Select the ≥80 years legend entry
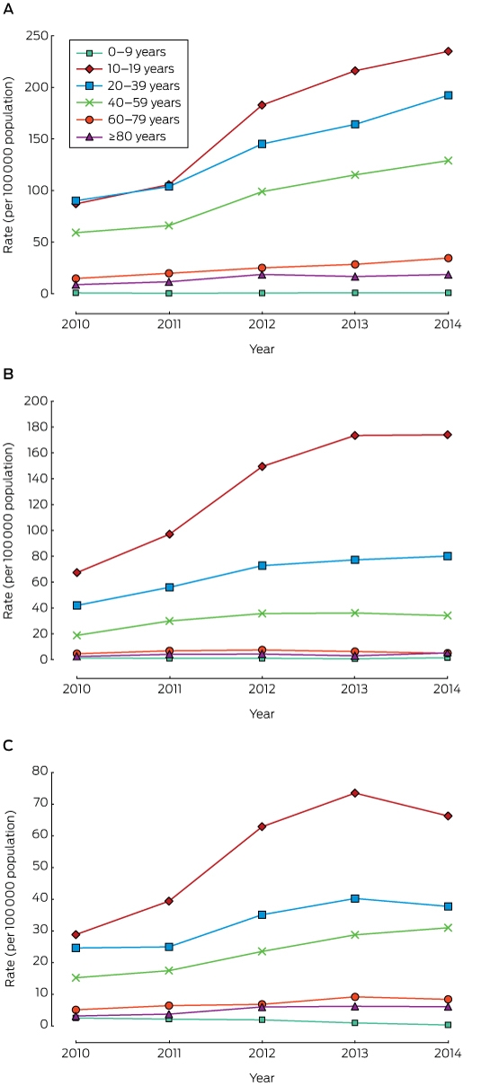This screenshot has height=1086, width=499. (121, 137)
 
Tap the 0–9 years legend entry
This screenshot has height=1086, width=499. (121, 52)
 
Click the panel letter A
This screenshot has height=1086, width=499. (8, 10)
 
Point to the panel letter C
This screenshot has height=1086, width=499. (8, 746)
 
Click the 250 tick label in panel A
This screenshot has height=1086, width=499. (37, 36)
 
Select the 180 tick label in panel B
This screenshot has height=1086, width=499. (37, 427)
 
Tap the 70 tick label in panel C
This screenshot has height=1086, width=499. (40, 803)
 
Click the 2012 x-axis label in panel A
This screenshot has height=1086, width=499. (263, 324)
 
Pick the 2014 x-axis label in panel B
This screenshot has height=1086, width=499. (447, 689)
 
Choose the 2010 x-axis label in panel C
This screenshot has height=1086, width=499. (76, 1054)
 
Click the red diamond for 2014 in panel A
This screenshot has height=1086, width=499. (448, 51)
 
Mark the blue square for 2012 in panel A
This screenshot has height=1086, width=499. (263, 144)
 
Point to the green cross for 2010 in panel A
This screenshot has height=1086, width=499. (76, 233)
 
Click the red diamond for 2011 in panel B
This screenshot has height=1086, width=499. (169, 534)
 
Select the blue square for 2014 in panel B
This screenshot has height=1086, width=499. (448, 556)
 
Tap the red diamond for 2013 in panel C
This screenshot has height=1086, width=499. (355, 793)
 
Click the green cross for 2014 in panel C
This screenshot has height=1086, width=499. (448, 928)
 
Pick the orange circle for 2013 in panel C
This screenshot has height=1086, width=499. (355, 997)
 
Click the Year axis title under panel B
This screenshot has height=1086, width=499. (263, 714)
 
